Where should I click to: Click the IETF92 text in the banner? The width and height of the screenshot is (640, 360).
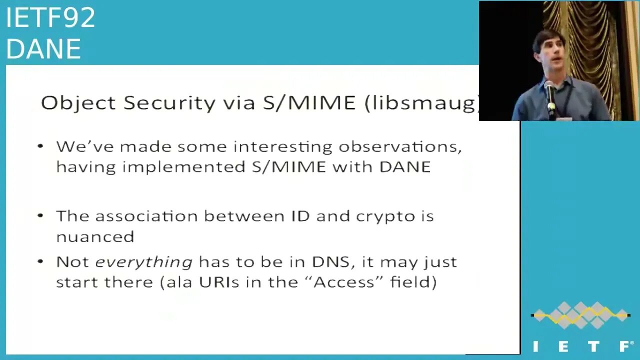(50, 17)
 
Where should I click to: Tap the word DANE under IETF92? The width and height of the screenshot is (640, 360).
(43, 49)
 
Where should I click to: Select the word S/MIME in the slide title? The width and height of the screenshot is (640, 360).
(309, 103)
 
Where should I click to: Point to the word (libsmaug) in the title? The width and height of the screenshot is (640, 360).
(422, 103)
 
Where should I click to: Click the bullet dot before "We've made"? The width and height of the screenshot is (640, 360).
(40, 146)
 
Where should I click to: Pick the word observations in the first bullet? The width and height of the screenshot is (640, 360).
(400, 147)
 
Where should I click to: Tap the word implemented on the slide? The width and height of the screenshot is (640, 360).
(184, 167)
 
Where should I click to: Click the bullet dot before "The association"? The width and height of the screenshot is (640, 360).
(40, 215)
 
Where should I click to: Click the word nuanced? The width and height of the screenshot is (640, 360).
(95, 237)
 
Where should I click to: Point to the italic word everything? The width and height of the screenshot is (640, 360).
(143, 263)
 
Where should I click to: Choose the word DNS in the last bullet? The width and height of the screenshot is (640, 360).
(331, 262)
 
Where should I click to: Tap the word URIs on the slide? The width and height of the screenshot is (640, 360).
(219, 282)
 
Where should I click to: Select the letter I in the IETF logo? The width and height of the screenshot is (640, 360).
(535, 346)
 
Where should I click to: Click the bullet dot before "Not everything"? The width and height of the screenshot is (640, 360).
(40, 261)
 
